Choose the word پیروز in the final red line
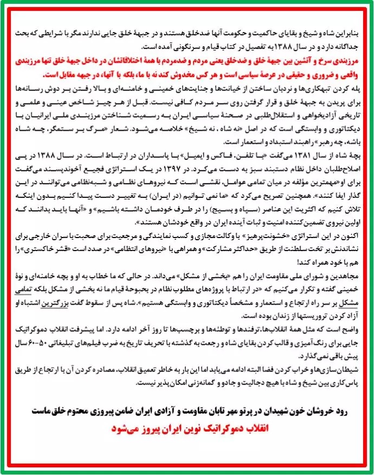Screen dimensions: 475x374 [151, 428]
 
